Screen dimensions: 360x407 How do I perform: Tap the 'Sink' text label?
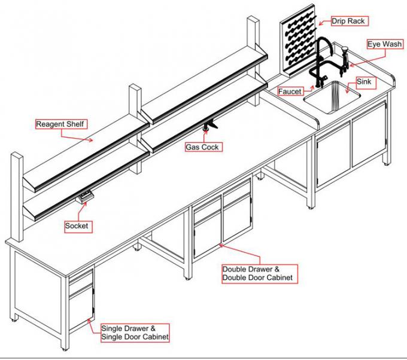coord(364,80)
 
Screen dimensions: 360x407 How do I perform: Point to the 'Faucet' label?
coord(290,91)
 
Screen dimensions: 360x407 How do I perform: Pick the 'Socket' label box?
coord(77,225)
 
